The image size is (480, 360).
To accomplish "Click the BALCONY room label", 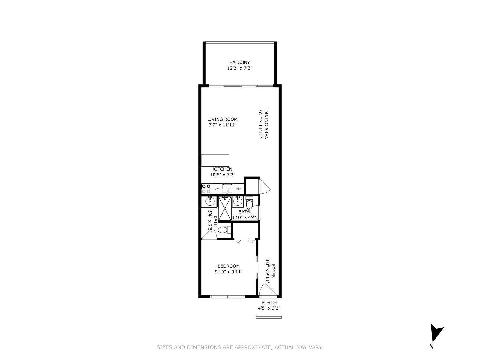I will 239,62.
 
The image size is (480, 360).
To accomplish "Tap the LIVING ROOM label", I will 222,119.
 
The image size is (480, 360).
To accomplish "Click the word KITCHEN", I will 223,169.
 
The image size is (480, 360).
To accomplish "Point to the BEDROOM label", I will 229,266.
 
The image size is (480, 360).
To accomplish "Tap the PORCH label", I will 269,303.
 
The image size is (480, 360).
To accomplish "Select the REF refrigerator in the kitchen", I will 238,189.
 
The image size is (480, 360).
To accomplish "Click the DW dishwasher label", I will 217,189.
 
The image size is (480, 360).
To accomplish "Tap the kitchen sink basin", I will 228,189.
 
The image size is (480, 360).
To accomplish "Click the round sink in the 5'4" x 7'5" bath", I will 210,202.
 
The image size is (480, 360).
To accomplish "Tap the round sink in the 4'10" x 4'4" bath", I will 238,202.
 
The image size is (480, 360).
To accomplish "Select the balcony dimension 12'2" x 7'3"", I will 239,68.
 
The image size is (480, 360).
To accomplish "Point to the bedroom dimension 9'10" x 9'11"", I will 229,272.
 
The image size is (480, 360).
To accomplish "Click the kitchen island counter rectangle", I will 215,160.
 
